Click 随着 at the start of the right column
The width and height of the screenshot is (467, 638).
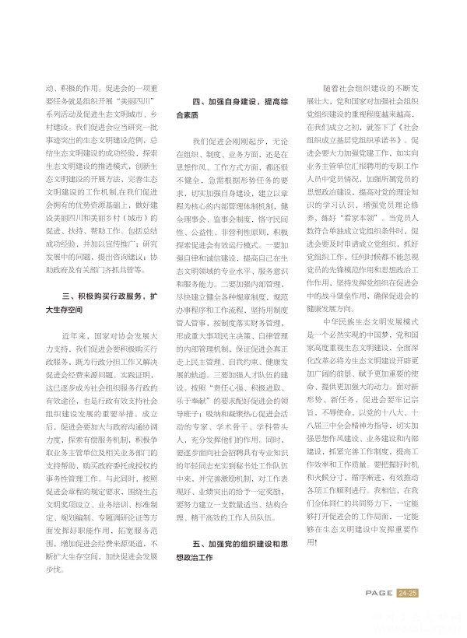(336, 89)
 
